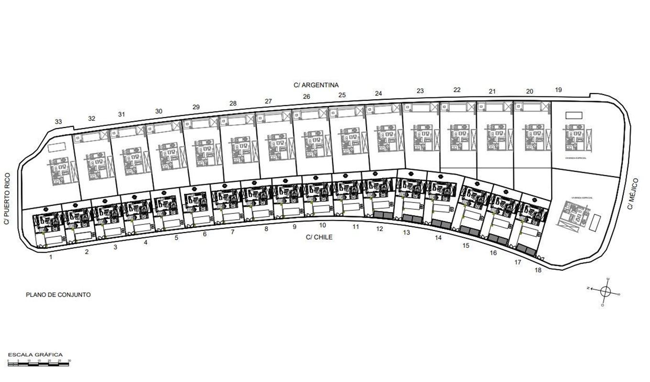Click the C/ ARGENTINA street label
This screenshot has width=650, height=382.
(316, 85)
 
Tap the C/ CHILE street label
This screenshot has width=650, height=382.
(319, 237)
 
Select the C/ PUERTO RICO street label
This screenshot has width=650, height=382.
(6, 199)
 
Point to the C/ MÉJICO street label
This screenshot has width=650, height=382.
(633, 194)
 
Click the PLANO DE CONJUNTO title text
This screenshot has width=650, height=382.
(58, 295)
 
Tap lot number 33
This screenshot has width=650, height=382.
(58, 122)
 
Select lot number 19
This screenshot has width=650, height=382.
(559, 90)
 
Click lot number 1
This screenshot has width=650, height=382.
(51, 257)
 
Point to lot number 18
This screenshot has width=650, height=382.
(538, 270)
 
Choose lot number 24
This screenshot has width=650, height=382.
(379, 94)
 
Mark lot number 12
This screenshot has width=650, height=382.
(379, 229)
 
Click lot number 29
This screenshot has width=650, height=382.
(196, 107)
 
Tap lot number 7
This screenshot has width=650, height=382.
(233, 232)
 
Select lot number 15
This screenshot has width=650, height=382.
(466, 245)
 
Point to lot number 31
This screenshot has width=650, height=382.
(121, 114)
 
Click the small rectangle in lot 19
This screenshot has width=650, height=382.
(574, 116)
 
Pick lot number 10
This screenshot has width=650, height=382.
(323, 225)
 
